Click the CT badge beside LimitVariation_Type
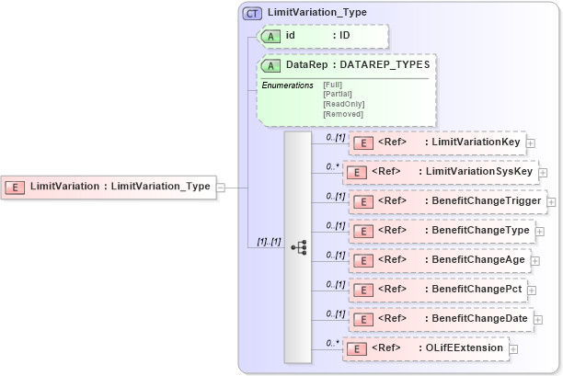coord(252,13)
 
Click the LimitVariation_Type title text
coord(316,13)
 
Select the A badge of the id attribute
coord(271,36)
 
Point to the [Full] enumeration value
coord(332,85)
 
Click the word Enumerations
coord(287,85)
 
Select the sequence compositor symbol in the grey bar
coord(298,247)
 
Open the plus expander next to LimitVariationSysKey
coord(543,172)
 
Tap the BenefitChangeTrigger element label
coord(484,201)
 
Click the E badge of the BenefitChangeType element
coord(362,231)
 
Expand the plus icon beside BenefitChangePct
coord(536,290)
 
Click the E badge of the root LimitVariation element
coord(16,187)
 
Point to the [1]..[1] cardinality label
coord(269,241)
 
